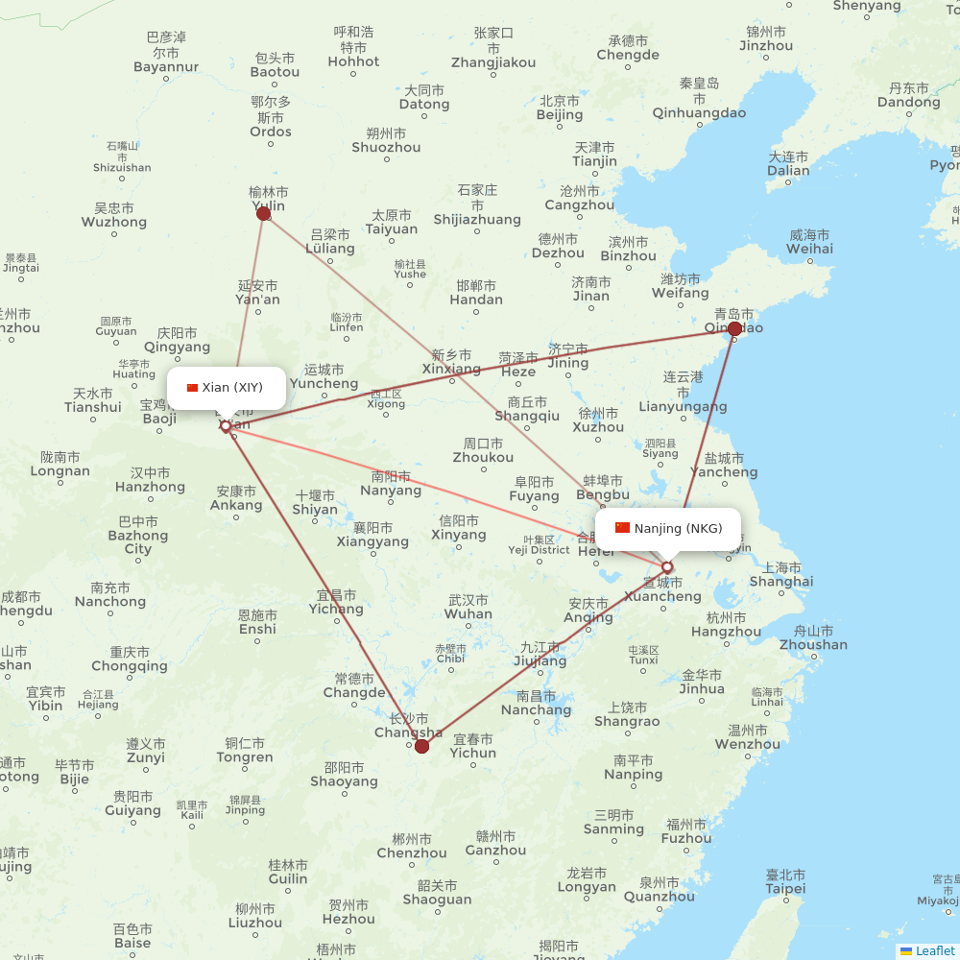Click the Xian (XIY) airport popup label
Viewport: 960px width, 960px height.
pyautogui.click(x=227, y=388)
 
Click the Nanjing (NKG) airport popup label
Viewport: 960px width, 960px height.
pyautogui.click(x=668, y=529)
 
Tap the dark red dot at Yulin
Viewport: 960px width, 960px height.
pyautogui.click(x=264, y=213)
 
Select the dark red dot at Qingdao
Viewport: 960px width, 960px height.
pyautogui.click(x=734, y=328)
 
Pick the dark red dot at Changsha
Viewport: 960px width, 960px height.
pyautogui.click(x=421, y=745)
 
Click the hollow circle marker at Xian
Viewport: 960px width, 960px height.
pyautogui.click(x=226, y=426)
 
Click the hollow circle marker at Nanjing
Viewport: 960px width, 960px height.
pyautogui.click(x=667, y=567)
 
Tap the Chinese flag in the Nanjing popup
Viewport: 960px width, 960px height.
pyautogui.click(x=622, y=528)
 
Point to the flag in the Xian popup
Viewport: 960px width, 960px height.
pyautogui.click(x=192, y=388)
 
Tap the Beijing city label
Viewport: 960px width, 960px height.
pyautogui.click(x=560, y=108)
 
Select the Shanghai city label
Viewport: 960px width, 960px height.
pyautogui.click(x=780, y=575)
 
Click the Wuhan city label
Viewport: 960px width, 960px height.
pyautogui.click(x=469, y=607)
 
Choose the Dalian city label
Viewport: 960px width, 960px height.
pyautogui.click(x=788, y=164)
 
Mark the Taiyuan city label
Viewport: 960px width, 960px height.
pyautogui.click(x=392, y=223)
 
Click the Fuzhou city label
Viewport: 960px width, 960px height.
pyautogui.click(x=686, y=831)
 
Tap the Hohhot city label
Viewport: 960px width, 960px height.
pyautogui.click(x=353, y=54)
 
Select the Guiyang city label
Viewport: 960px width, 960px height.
pyautogui.click(x=132, y=804)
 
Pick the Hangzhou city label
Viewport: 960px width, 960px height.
pyautogui.click(x=726, y=625)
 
